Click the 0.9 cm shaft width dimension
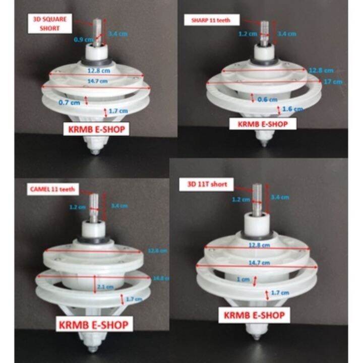[79, 39]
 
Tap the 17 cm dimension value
[337, 82]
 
